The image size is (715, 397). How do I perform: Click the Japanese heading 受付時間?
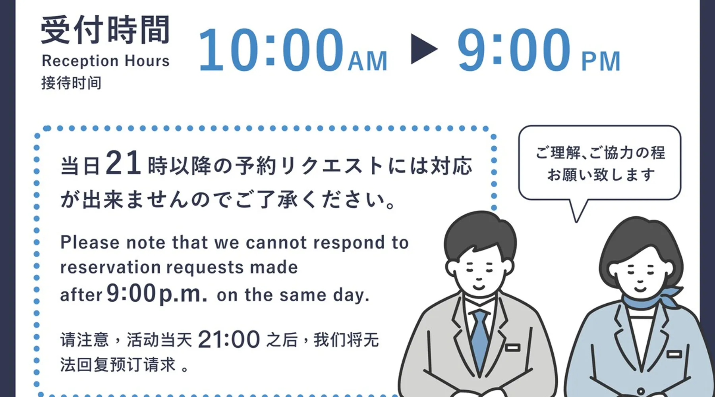tap(105, 30)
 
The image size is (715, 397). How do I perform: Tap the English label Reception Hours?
tap(106, 61)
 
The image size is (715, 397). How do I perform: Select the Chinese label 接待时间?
tap(71, 83)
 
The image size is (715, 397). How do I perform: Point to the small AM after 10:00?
tap(368, 61)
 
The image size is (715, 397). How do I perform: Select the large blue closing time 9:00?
tap(514, 50)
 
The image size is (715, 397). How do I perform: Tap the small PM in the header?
tap(601, 61)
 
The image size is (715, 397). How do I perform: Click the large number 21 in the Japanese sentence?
tap(123, 163)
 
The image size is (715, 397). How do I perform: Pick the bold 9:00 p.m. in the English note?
tap(157, 293)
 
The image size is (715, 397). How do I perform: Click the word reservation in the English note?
tap(110, 268)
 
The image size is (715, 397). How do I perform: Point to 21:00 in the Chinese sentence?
tap(229, 340)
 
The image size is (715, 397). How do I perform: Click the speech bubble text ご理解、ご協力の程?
tap(600, 152)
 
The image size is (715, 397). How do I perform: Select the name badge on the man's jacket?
tap(512, 348)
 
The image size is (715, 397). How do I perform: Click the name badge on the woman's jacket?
tap(674, 354)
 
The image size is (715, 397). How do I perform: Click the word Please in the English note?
tap(90, 243)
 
